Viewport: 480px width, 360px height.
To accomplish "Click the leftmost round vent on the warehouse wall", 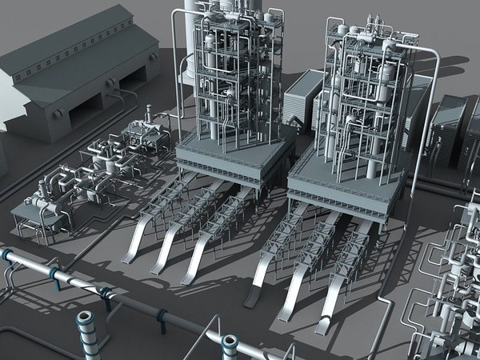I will click(x=56, y=114).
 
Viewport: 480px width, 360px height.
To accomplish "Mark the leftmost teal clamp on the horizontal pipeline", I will click(x=7, y=257).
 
